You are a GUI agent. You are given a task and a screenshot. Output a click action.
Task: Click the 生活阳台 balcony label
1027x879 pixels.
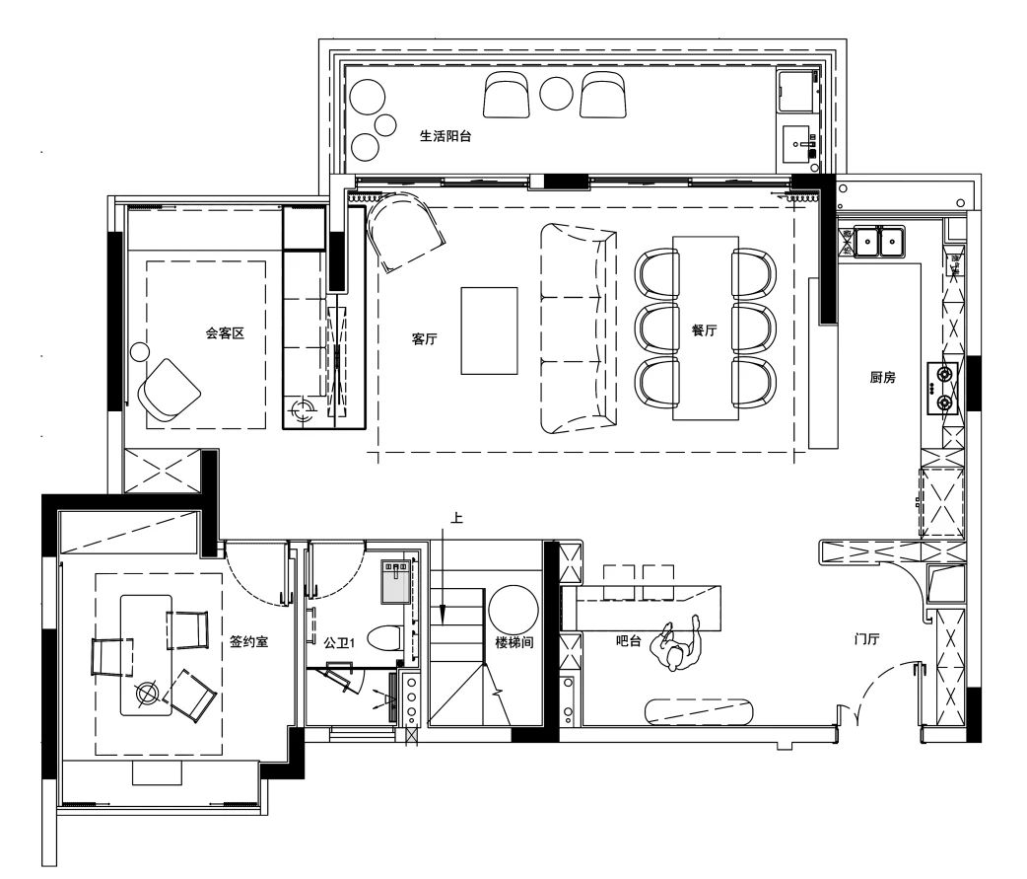[x=445, y=136]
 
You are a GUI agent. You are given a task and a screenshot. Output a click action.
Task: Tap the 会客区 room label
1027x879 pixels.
[x=225, y=333]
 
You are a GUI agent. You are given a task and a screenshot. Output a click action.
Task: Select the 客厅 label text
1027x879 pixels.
[x=424, y=339]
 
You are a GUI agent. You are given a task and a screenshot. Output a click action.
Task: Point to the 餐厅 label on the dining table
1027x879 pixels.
[x=704, y=330]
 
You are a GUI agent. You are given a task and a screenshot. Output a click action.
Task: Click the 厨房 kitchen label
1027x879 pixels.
[x=882, y=377]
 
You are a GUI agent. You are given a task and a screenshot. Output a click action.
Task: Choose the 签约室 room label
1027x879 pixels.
[x=249, y=641]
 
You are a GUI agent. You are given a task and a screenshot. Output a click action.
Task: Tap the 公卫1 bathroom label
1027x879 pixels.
[x=339, y=643]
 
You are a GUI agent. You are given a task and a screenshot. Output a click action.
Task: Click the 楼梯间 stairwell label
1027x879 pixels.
[x=514, y=643]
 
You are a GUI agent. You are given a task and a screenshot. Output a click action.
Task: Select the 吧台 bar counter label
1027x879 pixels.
[x=628, y=640]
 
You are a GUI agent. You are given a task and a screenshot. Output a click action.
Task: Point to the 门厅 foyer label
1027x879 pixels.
[x=866, y=638]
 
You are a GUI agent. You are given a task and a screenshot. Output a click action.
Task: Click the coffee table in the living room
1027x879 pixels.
[x=489, y=331]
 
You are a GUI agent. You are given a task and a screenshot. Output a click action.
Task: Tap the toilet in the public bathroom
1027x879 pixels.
[x=385, y=637]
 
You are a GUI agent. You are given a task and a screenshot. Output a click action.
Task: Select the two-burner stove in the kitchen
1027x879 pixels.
[x=942, y=388]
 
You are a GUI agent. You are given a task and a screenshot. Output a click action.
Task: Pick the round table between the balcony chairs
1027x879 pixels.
[x=557, y=94]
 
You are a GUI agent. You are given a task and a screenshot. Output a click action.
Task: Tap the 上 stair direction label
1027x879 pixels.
[x=456, y=518]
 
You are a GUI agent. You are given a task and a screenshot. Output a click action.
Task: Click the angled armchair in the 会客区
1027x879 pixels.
[x=169, y=390]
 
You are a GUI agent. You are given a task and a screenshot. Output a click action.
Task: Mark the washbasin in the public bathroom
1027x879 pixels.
[x=396, y=581]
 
